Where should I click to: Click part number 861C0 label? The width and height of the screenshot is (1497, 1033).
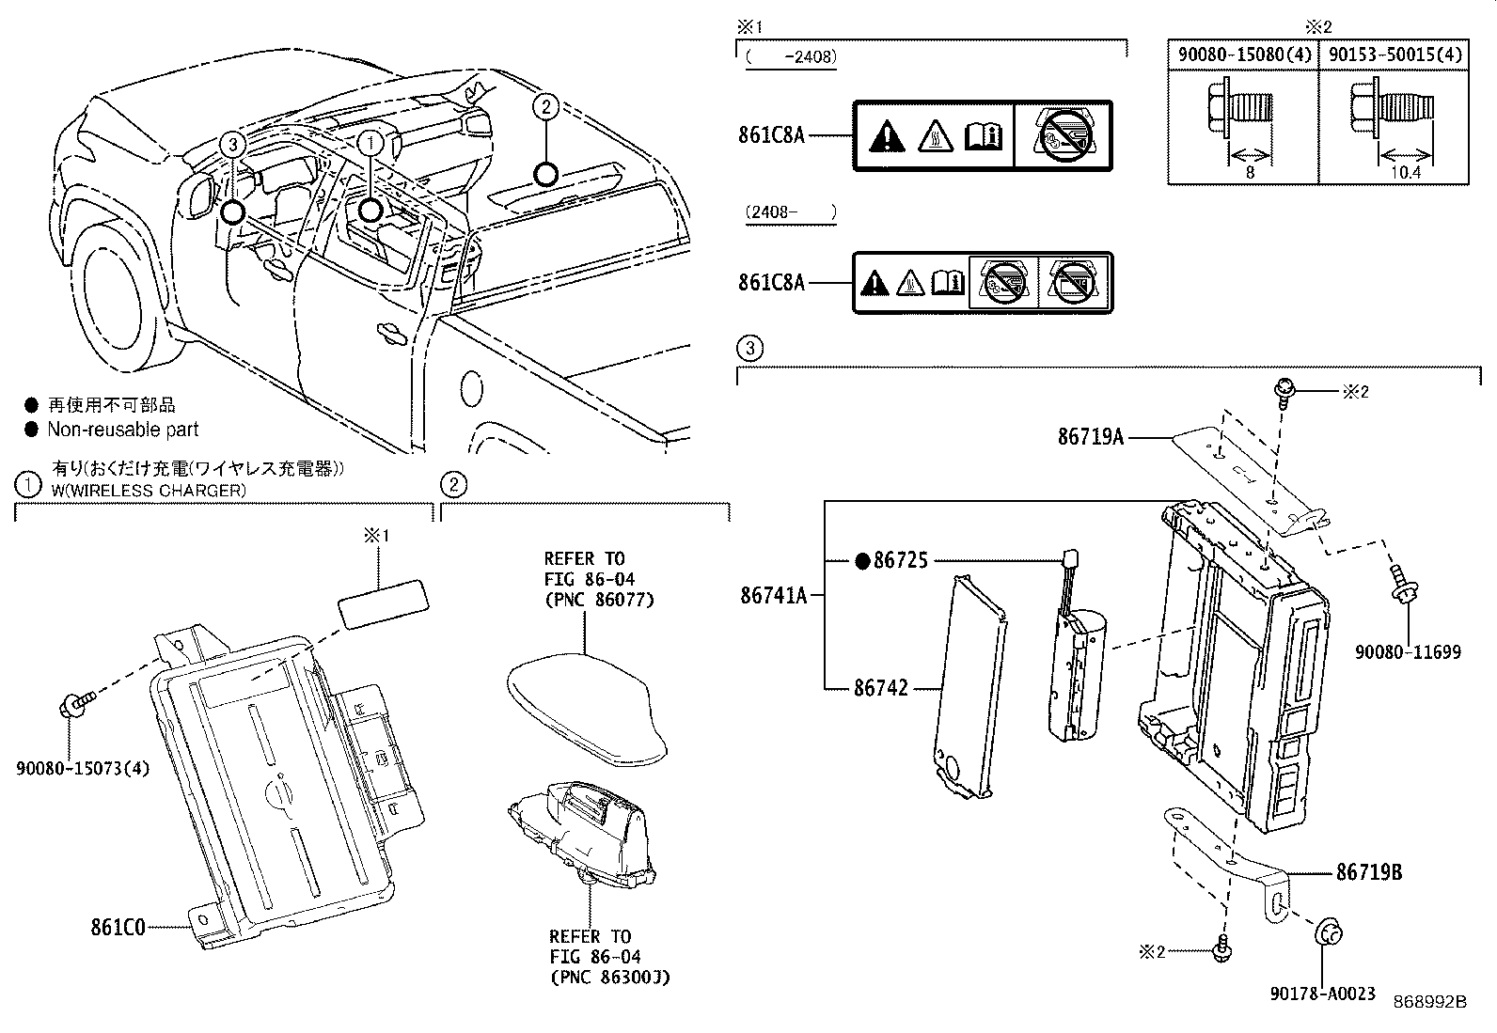pyautogui.click(x=118, y=928)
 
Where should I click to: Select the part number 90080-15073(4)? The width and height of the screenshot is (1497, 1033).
pyautogui.click(x=83, y=768)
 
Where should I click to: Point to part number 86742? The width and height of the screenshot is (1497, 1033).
pyautogui.click(x=881, y=688)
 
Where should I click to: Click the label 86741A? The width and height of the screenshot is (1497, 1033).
pyautogui.click(x=774, y=595)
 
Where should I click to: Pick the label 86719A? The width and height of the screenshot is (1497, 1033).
pyautogui.click(x=1091, y=436)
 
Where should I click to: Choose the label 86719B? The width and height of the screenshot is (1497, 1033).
pyautogui.click(x=1369, y=872)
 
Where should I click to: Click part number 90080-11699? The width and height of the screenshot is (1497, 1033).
pyautogui.click(x=1408, y=651)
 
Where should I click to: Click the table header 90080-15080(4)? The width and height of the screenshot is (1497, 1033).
pyautogui.click(x=1244, y=55)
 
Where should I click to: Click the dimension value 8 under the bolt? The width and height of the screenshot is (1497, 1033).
pyautogui.click(x=1249, y=172)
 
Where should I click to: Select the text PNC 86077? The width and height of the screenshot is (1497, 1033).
pyautogui.click(x=599, y=599)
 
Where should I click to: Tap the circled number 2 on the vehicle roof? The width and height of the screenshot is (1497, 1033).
pyautogui.click(x=545, y=107)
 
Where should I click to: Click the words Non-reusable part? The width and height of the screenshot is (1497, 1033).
pyautogui.click(x=123, y=430)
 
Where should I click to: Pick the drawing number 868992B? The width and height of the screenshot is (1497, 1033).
pyautogui.click(x=1430, y=1002)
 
